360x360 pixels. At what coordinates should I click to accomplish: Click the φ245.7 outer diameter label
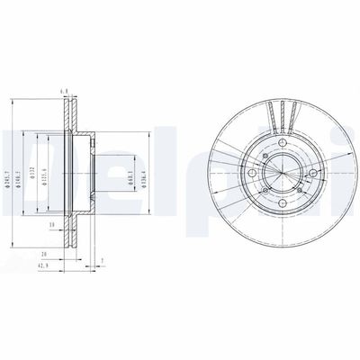click(10, 170)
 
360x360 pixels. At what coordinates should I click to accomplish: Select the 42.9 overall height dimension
click(43, 267)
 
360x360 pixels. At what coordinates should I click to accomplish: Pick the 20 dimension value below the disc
click(43, 255)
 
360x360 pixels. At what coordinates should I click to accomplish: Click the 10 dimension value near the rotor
click(53, 223)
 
